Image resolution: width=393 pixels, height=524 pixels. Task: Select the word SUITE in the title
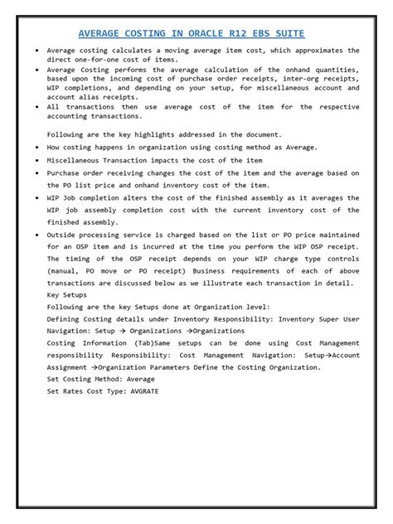[287, 33]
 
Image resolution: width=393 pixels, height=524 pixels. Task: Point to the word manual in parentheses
[61, 271]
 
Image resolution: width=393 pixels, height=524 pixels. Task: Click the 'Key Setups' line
[67, 294]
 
